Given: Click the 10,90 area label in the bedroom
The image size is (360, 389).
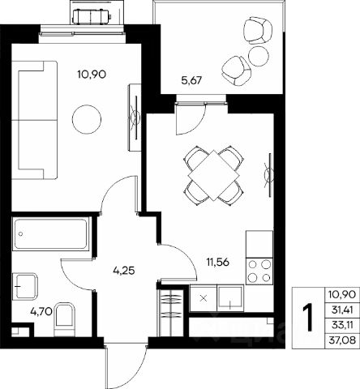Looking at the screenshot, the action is point(91,74).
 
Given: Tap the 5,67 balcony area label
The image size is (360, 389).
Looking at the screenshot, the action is point(191,80).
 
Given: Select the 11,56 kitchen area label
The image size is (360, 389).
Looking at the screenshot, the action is point(218,262).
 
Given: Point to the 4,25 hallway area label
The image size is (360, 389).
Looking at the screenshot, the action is point(124,271).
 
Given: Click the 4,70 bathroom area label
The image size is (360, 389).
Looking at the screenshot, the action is point(41,312).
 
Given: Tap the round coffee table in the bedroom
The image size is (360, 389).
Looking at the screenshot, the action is point(87,119).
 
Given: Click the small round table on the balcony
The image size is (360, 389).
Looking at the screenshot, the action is point(259,57).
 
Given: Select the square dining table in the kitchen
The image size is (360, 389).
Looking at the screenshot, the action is point(214,175).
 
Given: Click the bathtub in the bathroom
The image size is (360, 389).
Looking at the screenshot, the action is point(51,234).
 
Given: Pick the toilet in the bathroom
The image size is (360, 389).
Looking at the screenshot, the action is point(64,319).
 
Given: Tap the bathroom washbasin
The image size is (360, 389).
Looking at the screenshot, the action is point(24,286).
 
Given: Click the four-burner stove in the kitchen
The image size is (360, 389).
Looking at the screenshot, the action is point(259,271).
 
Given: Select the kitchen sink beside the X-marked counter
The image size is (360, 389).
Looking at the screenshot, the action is point(230,297).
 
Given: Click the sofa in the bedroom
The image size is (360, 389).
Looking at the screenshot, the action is point(35,120).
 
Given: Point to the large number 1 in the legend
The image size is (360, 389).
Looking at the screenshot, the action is point(308,318).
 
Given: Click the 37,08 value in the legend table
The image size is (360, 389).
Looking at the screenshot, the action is point(342,340).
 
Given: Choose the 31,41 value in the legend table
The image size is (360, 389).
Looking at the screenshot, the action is point(342,310).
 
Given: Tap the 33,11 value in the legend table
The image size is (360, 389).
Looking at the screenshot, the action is point(342,325).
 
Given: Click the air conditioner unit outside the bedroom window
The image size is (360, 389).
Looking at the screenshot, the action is point(92,16).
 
